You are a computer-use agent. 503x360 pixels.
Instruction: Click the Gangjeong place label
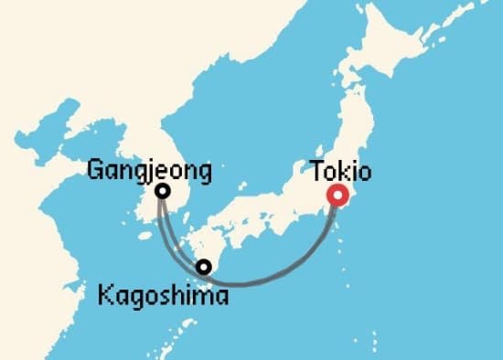pos(150,170)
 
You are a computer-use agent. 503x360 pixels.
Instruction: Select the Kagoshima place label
pos(163,296)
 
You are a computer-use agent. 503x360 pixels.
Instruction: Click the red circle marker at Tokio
pos(339,195)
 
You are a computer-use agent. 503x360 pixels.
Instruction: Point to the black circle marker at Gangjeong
pos(162,191)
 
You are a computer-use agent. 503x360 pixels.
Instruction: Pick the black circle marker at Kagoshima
pos(204,267)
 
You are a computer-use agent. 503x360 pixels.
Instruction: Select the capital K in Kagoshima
pos(102,296)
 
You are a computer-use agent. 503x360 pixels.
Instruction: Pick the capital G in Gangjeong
pos(95,170)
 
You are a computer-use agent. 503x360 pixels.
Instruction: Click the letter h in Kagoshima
pos(180,296)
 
